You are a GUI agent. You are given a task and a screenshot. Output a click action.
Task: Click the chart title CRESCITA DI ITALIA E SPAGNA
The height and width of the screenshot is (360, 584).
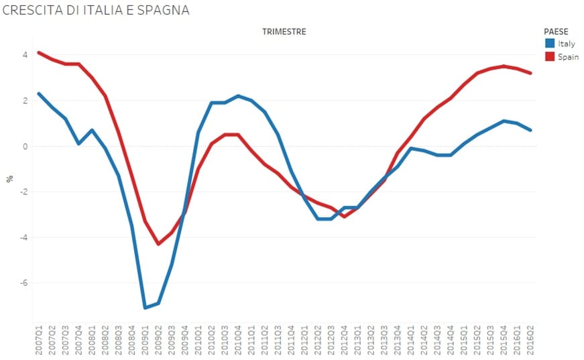[x=96, y=10]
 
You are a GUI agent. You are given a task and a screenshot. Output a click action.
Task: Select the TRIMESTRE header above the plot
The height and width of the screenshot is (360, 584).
[x=284, y=32]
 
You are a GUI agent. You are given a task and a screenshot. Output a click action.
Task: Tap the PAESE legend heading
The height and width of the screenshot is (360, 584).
[x=556, y=32]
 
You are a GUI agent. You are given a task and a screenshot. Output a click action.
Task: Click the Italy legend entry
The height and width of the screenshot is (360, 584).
[x=566, y=44]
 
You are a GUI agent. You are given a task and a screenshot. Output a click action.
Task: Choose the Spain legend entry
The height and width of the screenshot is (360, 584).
[x=567, y=57]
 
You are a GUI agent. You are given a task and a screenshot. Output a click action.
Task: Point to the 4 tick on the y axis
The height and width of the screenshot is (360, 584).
[x=25, y=55]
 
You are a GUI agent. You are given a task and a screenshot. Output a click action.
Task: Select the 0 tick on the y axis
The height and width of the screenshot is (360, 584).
[x=25, y=146]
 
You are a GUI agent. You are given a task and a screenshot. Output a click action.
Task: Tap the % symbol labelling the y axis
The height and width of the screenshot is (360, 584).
[x=10, y=179]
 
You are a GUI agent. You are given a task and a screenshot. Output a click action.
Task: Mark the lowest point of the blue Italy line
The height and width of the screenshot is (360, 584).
[x=145, y=308]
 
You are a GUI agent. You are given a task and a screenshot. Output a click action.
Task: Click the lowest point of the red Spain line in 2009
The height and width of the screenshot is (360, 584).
[x=158, y=244]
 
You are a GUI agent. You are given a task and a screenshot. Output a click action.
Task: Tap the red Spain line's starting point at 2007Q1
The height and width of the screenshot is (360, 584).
[x=39, y=52]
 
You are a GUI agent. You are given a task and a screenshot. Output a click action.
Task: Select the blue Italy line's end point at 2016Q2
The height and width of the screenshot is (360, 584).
[x=530, y=130]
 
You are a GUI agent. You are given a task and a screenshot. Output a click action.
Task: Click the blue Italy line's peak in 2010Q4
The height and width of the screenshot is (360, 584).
[x=238, y=96]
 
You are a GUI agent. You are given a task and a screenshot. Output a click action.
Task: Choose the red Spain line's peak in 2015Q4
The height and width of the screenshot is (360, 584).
[x=504, y=66]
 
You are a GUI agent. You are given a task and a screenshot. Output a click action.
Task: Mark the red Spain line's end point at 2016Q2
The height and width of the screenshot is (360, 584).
[x=530, y=73]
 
